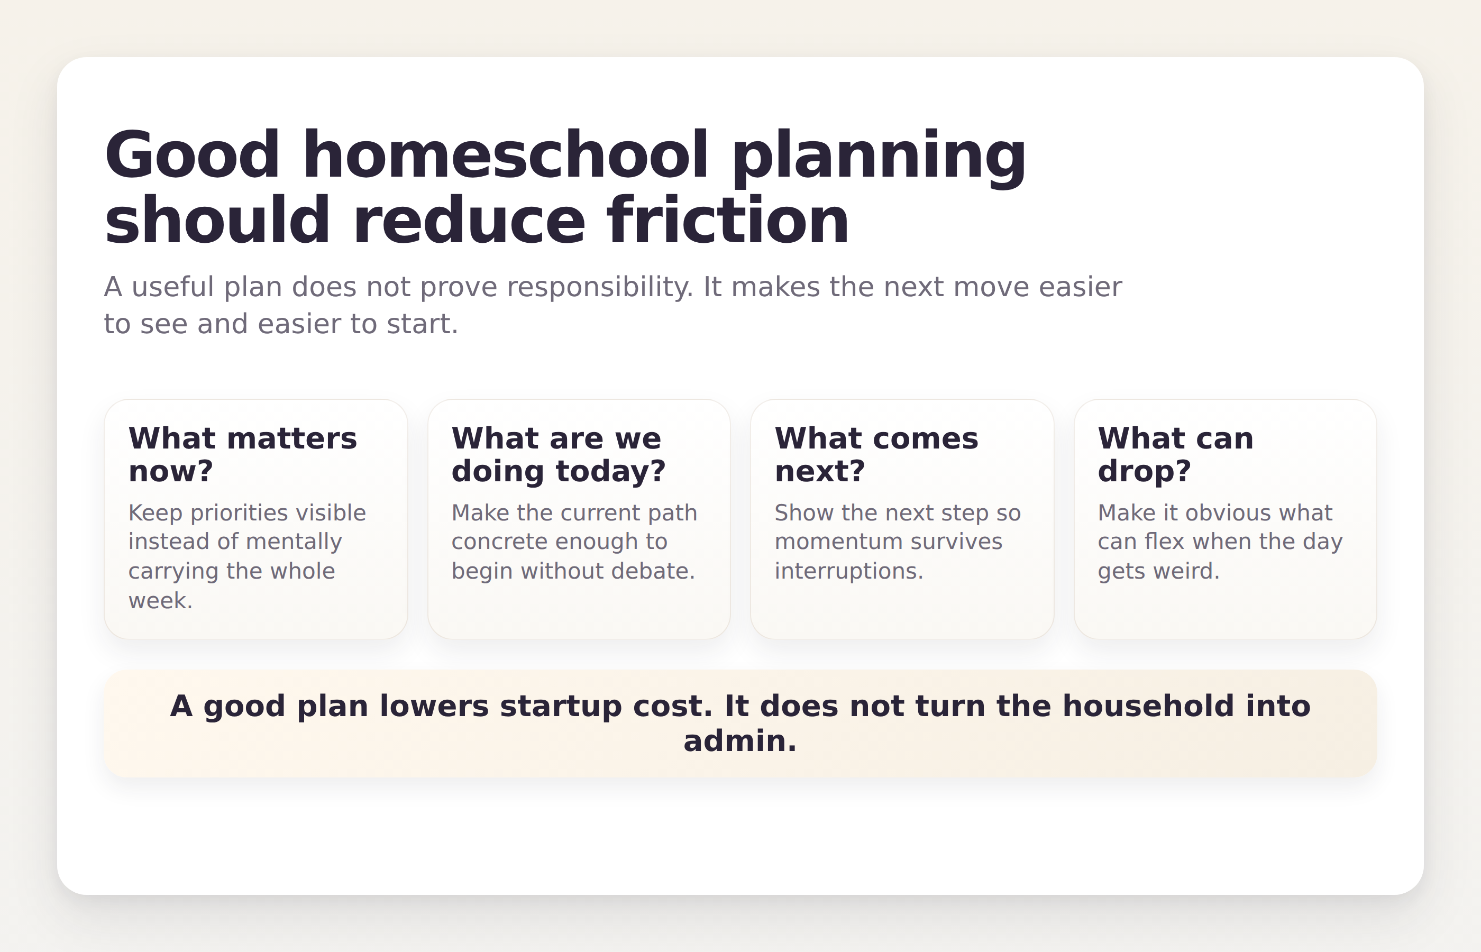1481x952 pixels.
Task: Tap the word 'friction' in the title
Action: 727,221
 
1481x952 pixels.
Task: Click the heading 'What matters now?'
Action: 242,454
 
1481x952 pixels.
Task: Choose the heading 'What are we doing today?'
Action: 558,454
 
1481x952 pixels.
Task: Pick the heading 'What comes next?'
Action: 876,454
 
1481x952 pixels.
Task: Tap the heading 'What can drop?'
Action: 1175,454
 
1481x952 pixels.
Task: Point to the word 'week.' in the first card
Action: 160,601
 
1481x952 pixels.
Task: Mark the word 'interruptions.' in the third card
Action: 848,571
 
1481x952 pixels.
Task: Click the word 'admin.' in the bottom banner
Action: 740,741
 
